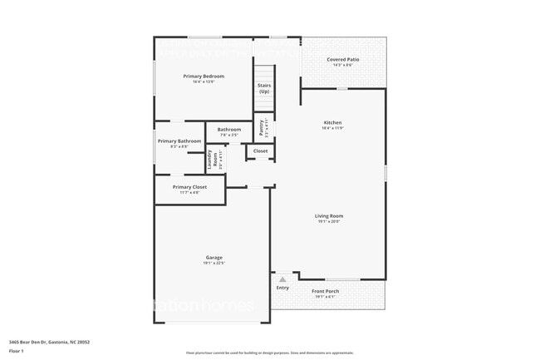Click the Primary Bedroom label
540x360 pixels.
[x=204, y=76]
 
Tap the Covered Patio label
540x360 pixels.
[x=342, y=60]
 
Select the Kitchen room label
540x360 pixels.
[x=332, y=123]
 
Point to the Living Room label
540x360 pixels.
[x=329, y=216]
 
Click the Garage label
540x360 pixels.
[x=214, y=258]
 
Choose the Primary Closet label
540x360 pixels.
[x=189, y=187]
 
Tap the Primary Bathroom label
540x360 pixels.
[x=179, y=141]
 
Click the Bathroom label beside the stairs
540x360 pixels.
[x=229, y=130]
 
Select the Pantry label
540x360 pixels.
[x=262, y=126]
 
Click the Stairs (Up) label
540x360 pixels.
[x=264, y=88]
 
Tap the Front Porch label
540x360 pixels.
[x=325, y=291]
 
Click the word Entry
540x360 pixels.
[x=282, y=288]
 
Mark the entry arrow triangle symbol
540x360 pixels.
[x=282, y=279]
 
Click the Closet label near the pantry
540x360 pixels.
[x=260, y=151]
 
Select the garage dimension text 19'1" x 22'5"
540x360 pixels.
[x=214, y=263]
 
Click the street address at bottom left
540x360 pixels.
[x=49, y=342]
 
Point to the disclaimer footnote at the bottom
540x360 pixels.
[x=269, y=353]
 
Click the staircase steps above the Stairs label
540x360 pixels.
[x=264, y=72]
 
